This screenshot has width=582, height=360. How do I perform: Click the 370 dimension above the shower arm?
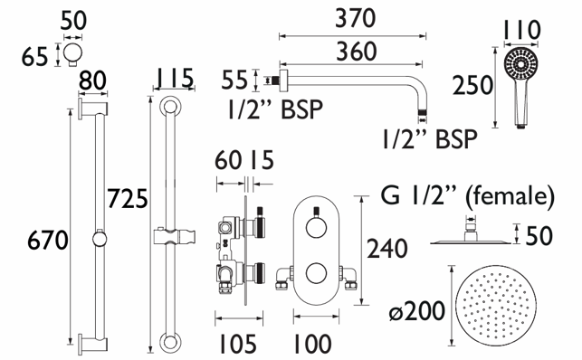(x=355, y=18)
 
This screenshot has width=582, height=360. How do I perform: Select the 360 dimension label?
(x=357, y=52)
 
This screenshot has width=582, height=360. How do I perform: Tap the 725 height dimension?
(x=128, y=198)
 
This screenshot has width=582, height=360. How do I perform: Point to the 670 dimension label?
(x=47, y=241)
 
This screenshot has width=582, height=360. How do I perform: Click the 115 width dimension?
(x=174, y=78)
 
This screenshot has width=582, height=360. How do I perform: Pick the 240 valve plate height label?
(x=387, y=249)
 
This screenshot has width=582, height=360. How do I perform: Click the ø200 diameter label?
(x=417, y=311)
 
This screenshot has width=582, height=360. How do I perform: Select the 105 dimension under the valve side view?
(x=237, y=345)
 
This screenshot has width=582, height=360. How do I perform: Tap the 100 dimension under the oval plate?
(x=312, y=345)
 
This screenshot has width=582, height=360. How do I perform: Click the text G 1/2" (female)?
(x=468, y=195)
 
